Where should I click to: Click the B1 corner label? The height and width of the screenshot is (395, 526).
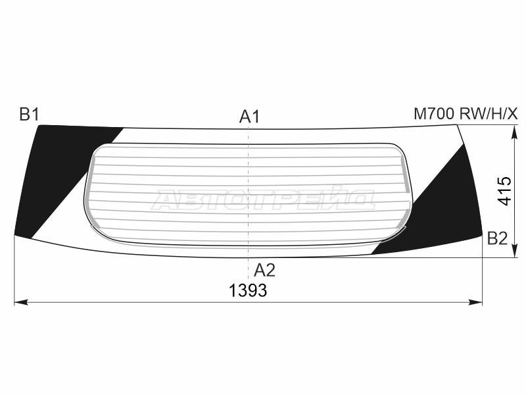click(29, 114)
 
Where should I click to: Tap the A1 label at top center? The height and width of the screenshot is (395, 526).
click(249, 117)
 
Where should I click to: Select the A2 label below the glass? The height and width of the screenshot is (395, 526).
click(264, 270)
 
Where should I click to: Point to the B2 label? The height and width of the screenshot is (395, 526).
click(497, 239)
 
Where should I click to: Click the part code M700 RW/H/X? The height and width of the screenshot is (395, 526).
click(466, 114)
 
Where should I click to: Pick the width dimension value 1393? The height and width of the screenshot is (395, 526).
click(248, 290)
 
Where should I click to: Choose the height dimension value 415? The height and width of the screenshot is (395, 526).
click(504, 191)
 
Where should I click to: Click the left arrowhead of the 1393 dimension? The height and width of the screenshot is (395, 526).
click(21, 303)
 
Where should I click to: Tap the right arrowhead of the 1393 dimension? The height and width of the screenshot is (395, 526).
click(475, 303)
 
